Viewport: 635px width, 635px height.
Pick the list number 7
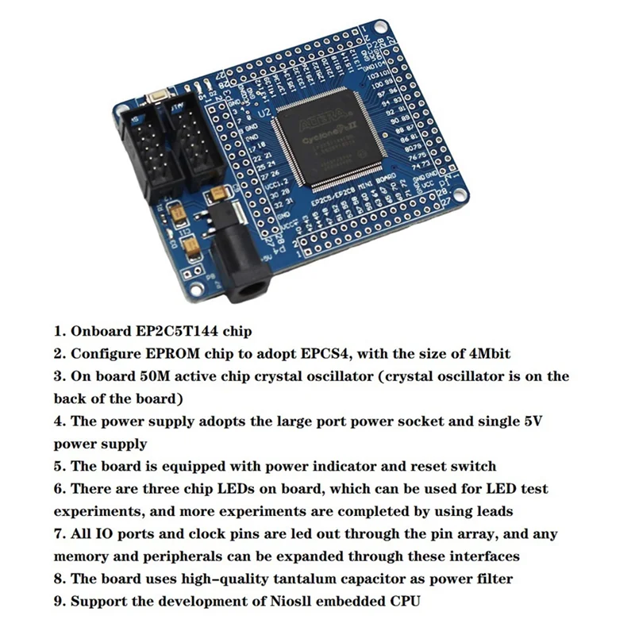58,534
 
